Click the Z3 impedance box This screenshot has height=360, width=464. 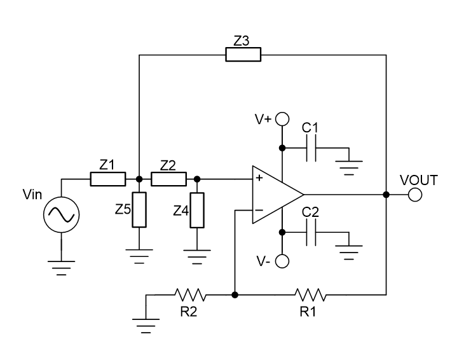243,55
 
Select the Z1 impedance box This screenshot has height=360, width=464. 107,179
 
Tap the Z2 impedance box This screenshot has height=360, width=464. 168,179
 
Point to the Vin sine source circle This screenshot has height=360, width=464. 61,216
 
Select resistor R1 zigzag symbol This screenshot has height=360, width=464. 310,294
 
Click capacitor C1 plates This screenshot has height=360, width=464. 310,148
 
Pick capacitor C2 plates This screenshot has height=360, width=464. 310,236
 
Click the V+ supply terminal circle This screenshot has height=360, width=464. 282,119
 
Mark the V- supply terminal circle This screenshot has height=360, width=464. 282,261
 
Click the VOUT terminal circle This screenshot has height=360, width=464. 415,195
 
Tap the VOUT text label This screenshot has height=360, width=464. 418,179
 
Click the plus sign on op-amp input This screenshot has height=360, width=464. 259,179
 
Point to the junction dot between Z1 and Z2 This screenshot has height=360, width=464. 139,179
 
